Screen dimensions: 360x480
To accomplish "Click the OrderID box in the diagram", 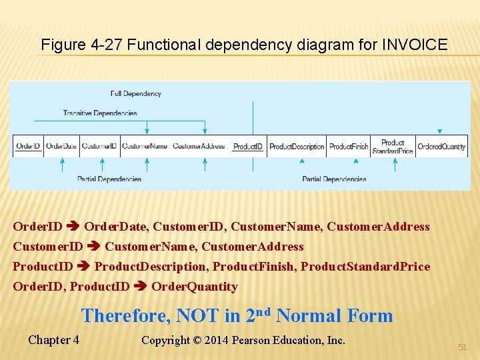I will pyautogui.click(x=28, y=146).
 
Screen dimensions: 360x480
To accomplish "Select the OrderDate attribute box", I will pyautogui.click(x=61, y=146).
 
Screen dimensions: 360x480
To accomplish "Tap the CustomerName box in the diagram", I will pyautogui.click(x=145, y=146).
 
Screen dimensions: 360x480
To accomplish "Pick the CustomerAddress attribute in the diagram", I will pyautogui.click(x=199, y=146).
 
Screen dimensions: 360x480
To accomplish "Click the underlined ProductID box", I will pyautogui.click(x=247, y=147).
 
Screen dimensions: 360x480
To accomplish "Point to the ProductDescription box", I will pyautogui.click(x=297, y=147).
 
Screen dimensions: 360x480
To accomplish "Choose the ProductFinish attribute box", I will pyautogui.click(x=349, y=147).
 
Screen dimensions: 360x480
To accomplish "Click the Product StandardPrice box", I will pyautogui.click(x=393, y=147).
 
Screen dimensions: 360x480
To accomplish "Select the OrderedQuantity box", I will pyautogui.click(x=441, y=147).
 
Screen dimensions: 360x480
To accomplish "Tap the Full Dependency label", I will pyautogui.click(x=136, y=94).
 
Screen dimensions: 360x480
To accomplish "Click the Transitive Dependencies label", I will pyautogui.click(x=100, y=113).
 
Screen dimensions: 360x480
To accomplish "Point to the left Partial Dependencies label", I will pyautogui.click(x=109, y=179).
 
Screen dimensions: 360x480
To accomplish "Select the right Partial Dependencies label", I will pyautogui.click(x=334, y=179).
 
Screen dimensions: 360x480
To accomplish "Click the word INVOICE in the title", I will pyautogui.click(x=415, y=45).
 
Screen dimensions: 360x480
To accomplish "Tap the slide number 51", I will pyautogui.click(x=463, y=347).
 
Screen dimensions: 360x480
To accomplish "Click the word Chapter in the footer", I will pyautogui.click(x=49, y=340).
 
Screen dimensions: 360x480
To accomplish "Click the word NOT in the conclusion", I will pyautogui.click(x=210, y=315).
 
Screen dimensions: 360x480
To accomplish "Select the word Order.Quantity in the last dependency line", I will pyautogui.click(x=194, y=287).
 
